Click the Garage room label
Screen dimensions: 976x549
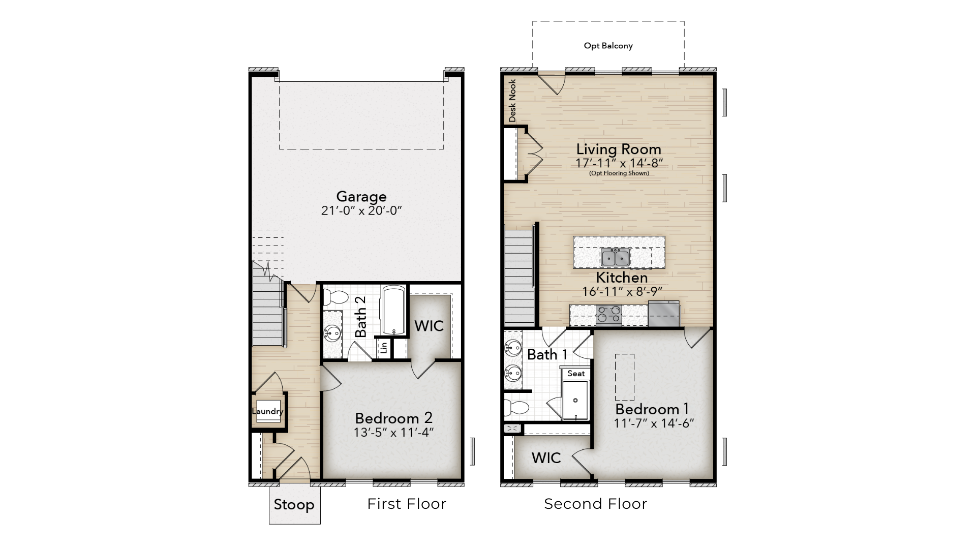(x=361, y=197)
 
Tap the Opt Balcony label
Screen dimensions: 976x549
(x=608, y=46)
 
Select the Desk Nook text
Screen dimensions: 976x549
(x=512, y=101)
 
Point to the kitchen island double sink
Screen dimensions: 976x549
(x=615, y=257)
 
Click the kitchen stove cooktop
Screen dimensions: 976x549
(x=608, y=315)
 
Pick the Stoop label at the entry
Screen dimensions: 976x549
(x=294, y=505)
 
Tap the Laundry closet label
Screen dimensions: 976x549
(x=267, y=411)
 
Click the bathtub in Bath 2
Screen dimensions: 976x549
(x=393, y=311)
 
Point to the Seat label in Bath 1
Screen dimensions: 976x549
(x=576, y=374)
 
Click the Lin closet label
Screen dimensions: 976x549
(x=384, y=348)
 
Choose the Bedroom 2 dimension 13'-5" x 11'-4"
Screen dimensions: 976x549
(x=393, y=433)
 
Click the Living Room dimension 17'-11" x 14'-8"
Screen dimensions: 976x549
(x=619, y=163)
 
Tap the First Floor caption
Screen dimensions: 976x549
(x=407, y=504)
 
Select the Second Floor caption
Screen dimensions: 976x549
(x=595, y=504)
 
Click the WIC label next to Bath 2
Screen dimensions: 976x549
(x=429, y=326)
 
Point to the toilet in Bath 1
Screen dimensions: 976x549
(x=516, y=407)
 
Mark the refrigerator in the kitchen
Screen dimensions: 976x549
(x=664, y=314)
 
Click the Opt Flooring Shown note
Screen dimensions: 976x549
(x=619, y=173)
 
